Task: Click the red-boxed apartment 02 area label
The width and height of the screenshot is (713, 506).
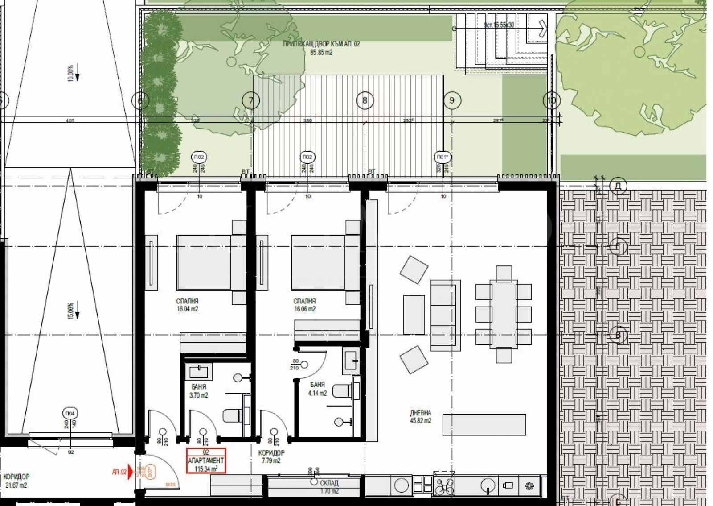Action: (206, 461)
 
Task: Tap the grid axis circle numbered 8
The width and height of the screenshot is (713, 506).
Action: (365, 100)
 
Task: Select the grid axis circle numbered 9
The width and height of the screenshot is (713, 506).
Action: (452, 100)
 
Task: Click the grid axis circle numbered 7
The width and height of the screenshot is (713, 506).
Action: (251, 100)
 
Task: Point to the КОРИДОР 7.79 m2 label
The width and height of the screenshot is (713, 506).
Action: (271, 456)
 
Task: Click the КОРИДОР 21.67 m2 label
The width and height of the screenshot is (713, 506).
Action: (16, 481)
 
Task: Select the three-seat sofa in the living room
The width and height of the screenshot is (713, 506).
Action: (445, 315)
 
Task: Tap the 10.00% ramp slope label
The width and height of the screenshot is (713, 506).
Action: (71, 73)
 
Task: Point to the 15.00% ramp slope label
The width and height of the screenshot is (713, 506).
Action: (71, 311)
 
